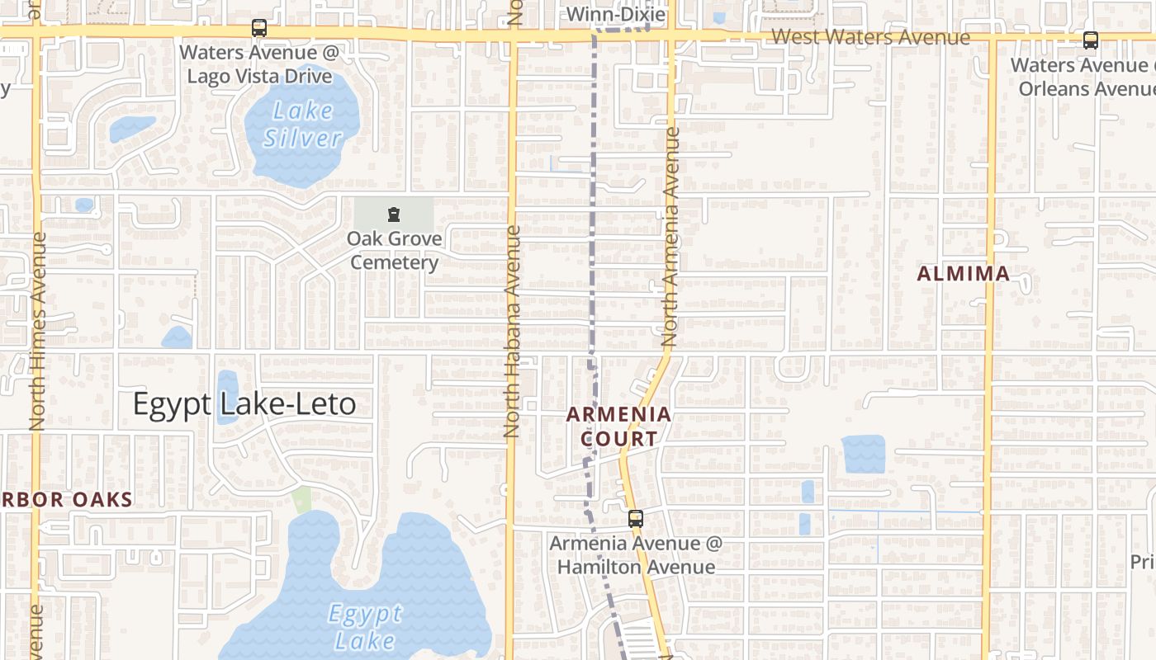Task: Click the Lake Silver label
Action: pos(303,124)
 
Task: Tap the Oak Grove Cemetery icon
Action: pos(394,215)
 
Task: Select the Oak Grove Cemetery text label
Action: pos(394,250)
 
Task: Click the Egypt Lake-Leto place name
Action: pos(244,404)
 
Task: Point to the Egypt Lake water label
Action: pos(365,626)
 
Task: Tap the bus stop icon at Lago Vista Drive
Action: pos(259,28)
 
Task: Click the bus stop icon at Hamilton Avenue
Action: pos(635,519)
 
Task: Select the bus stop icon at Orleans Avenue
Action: pos(1091,40)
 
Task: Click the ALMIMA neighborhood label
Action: pos(963,274)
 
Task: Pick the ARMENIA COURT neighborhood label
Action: pos(619,427)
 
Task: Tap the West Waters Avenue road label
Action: pos(870,38)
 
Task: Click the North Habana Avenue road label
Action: pos(512,331)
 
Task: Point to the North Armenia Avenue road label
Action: pos(670,237)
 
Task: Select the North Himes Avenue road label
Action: pos(38,331)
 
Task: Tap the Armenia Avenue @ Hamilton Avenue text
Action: pos(636,555)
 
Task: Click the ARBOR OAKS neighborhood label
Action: pos(66,500)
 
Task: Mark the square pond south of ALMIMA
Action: pos(863,454)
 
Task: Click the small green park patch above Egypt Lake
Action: pos(303,497)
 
